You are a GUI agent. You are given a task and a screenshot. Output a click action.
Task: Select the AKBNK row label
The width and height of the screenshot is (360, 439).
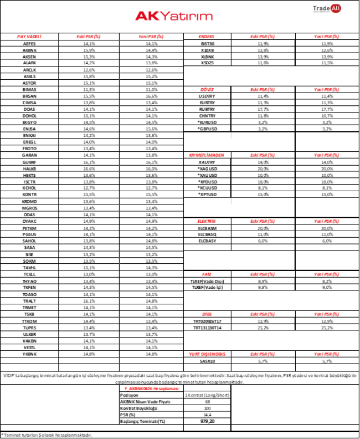[29, 50]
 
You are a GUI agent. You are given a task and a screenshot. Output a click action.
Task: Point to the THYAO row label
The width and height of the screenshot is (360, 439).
[29, 281]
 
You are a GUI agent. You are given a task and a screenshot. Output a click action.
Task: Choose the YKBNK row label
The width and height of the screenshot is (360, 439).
[29, 354]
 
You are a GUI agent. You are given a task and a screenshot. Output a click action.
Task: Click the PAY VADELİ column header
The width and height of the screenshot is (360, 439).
[29, 36]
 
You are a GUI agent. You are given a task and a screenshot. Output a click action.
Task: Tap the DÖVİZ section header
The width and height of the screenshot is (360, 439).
[207, 89]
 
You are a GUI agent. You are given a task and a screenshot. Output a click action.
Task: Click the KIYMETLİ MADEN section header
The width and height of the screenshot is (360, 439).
[207, 155]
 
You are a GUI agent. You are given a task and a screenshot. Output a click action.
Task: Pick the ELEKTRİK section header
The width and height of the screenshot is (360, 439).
[207, 221]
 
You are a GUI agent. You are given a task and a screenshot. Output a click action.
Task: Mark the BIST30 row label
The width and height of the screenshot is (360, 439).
[207, 43]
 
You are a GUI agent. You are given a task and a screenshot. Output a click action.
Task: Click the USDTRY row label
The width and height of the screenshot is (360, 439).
[207, 96]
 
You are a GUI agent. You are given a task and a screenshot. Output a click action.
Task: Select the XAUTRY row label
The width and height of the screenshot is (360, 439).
[207, 162]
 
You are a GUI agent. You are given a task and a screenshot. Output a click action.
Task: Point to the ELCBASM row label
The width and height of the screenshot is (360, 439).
[207, 228]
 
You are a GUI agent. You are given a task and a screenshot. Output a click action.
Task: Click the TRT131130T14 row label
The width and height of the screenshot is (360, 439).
[207, 328]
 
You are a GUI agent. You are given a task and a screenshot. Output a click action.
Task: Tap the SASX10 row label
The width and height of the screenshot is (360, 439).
[207, 360]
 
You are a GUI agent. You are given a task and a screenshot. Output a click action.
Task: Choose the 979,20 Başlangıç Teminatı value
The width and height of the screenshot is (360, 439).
[207, 420]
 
